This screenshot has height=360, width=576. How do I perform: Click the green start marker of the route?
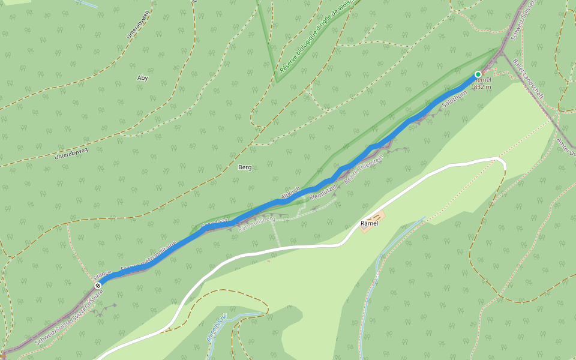[478, 74]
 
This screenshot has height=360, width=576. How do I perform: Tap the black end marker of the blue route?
[98, 285]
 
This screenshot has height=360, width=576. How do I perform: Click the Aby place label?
[142, 78]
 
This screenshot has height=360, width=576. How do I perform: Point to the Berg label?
[245, 167]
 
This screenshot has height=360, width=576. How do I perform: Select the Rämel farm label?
[370, 223]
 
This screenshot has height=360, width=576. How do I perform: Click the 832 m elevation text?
[482, 87]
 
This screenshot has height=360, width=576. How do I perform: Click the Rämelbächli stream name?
[217, 329]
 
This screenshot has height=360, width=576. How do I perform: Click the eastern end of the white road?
[503, 163]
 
